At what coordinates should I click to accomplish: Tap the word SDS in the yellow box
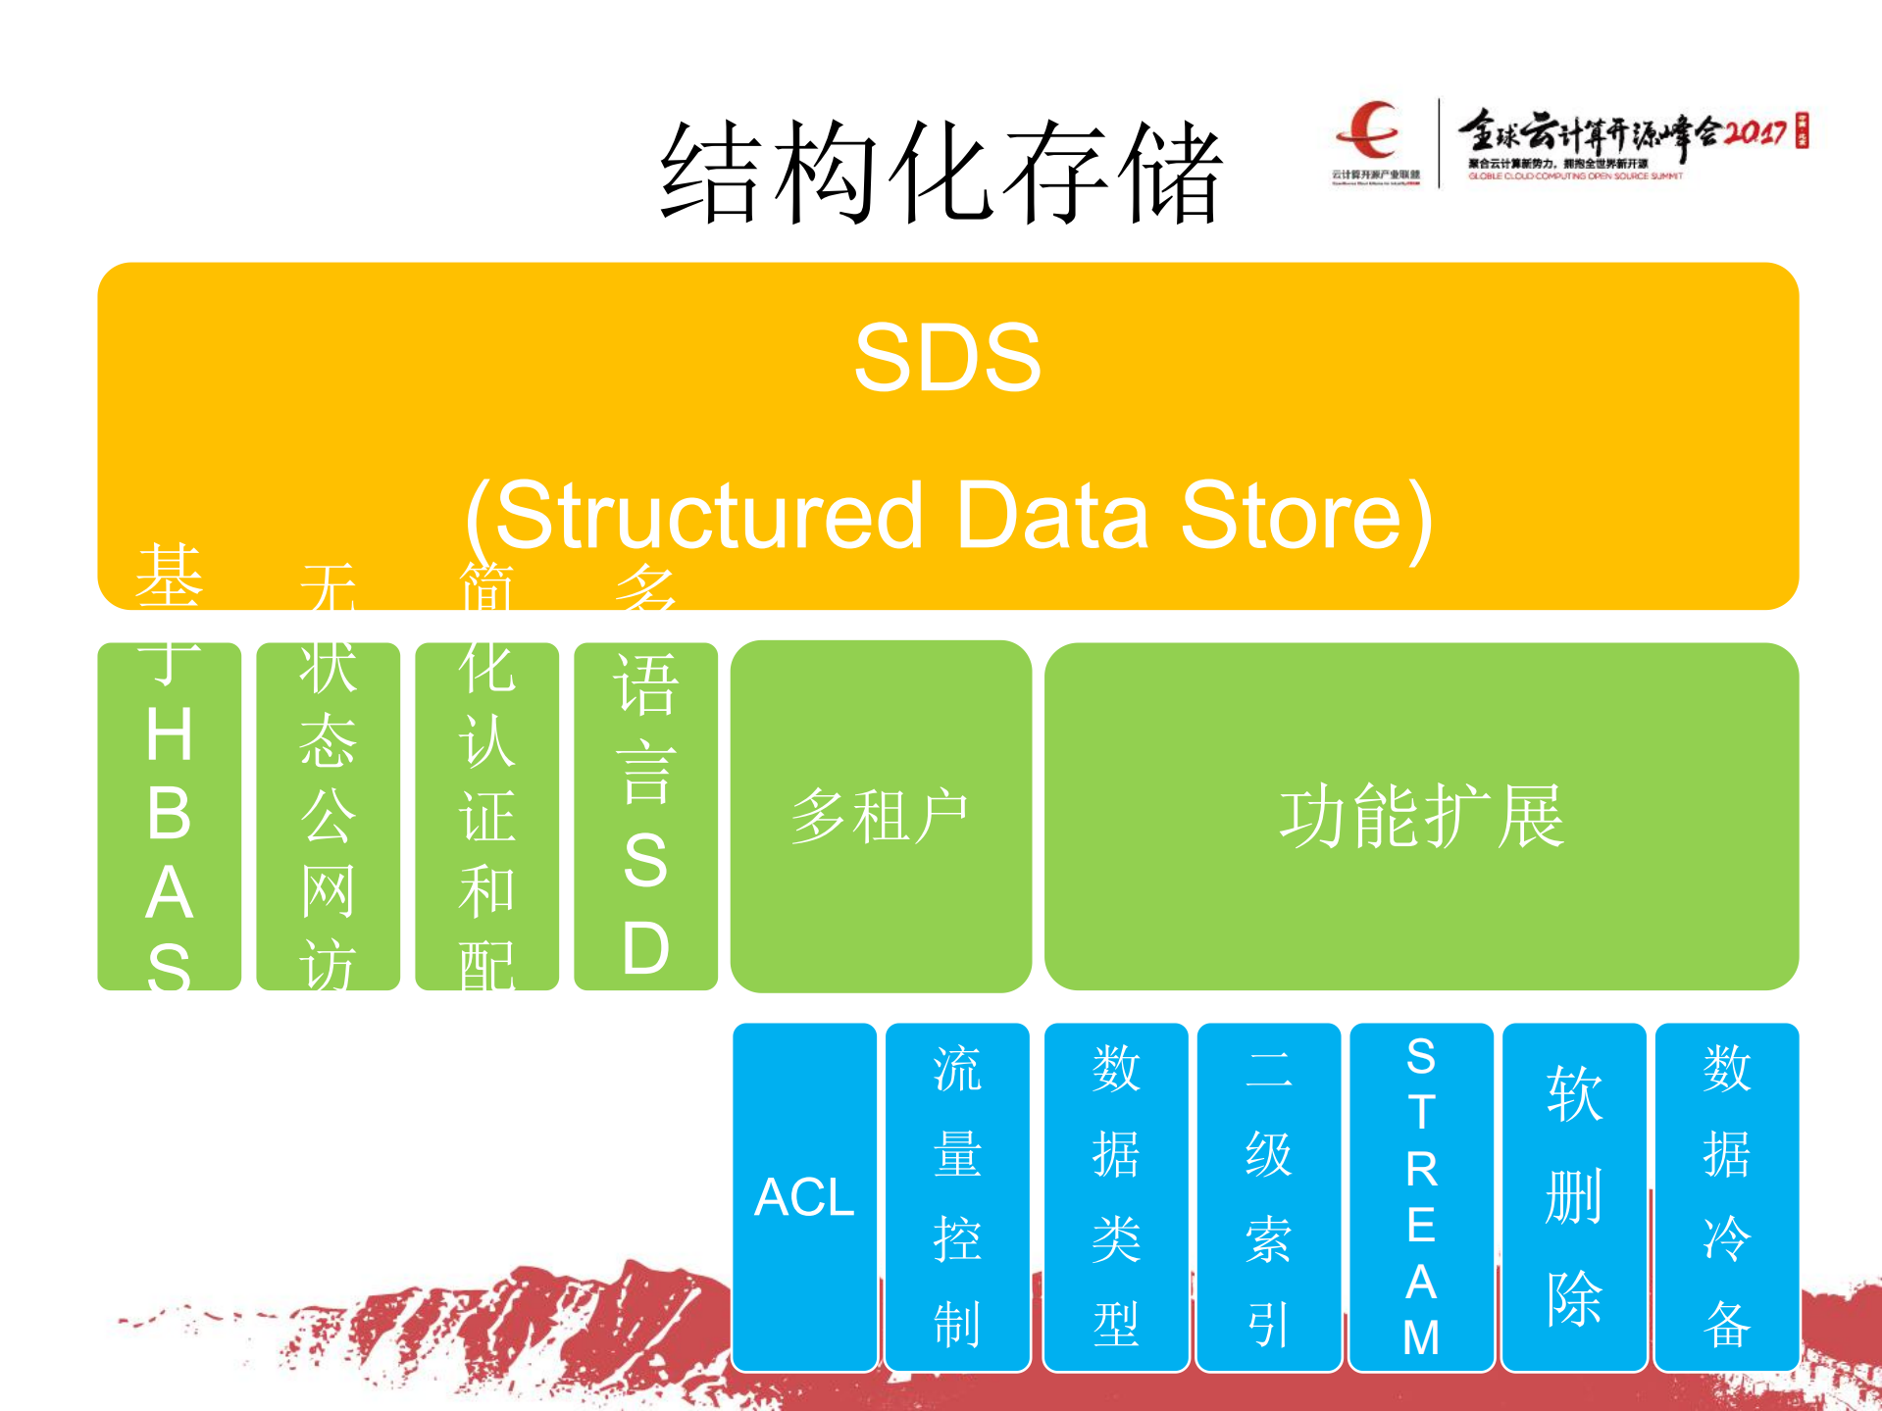tap(947, 358)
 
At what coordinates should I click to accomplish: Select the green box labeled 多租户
tap(881, 816)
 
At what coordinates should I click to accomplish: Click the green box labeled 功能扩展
tap(1421, 816)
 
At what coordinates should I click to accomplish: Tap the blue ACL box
tap(804, 1196)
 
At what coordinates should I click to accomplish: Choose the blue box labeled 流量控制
tap(957, 1196)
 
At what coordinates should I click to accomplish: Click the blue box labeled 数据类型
tap(1116, 1196)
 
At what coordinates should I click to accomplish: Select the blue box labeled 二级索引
tap(1269, 1196)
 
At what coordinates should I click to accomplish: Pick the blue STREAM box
tap(1421, 1196)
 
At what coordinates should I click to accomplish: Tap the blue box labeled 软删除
tap(1574, 1196)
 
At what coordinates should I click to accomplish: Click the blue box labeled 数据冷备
tap(1726, 1196)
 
